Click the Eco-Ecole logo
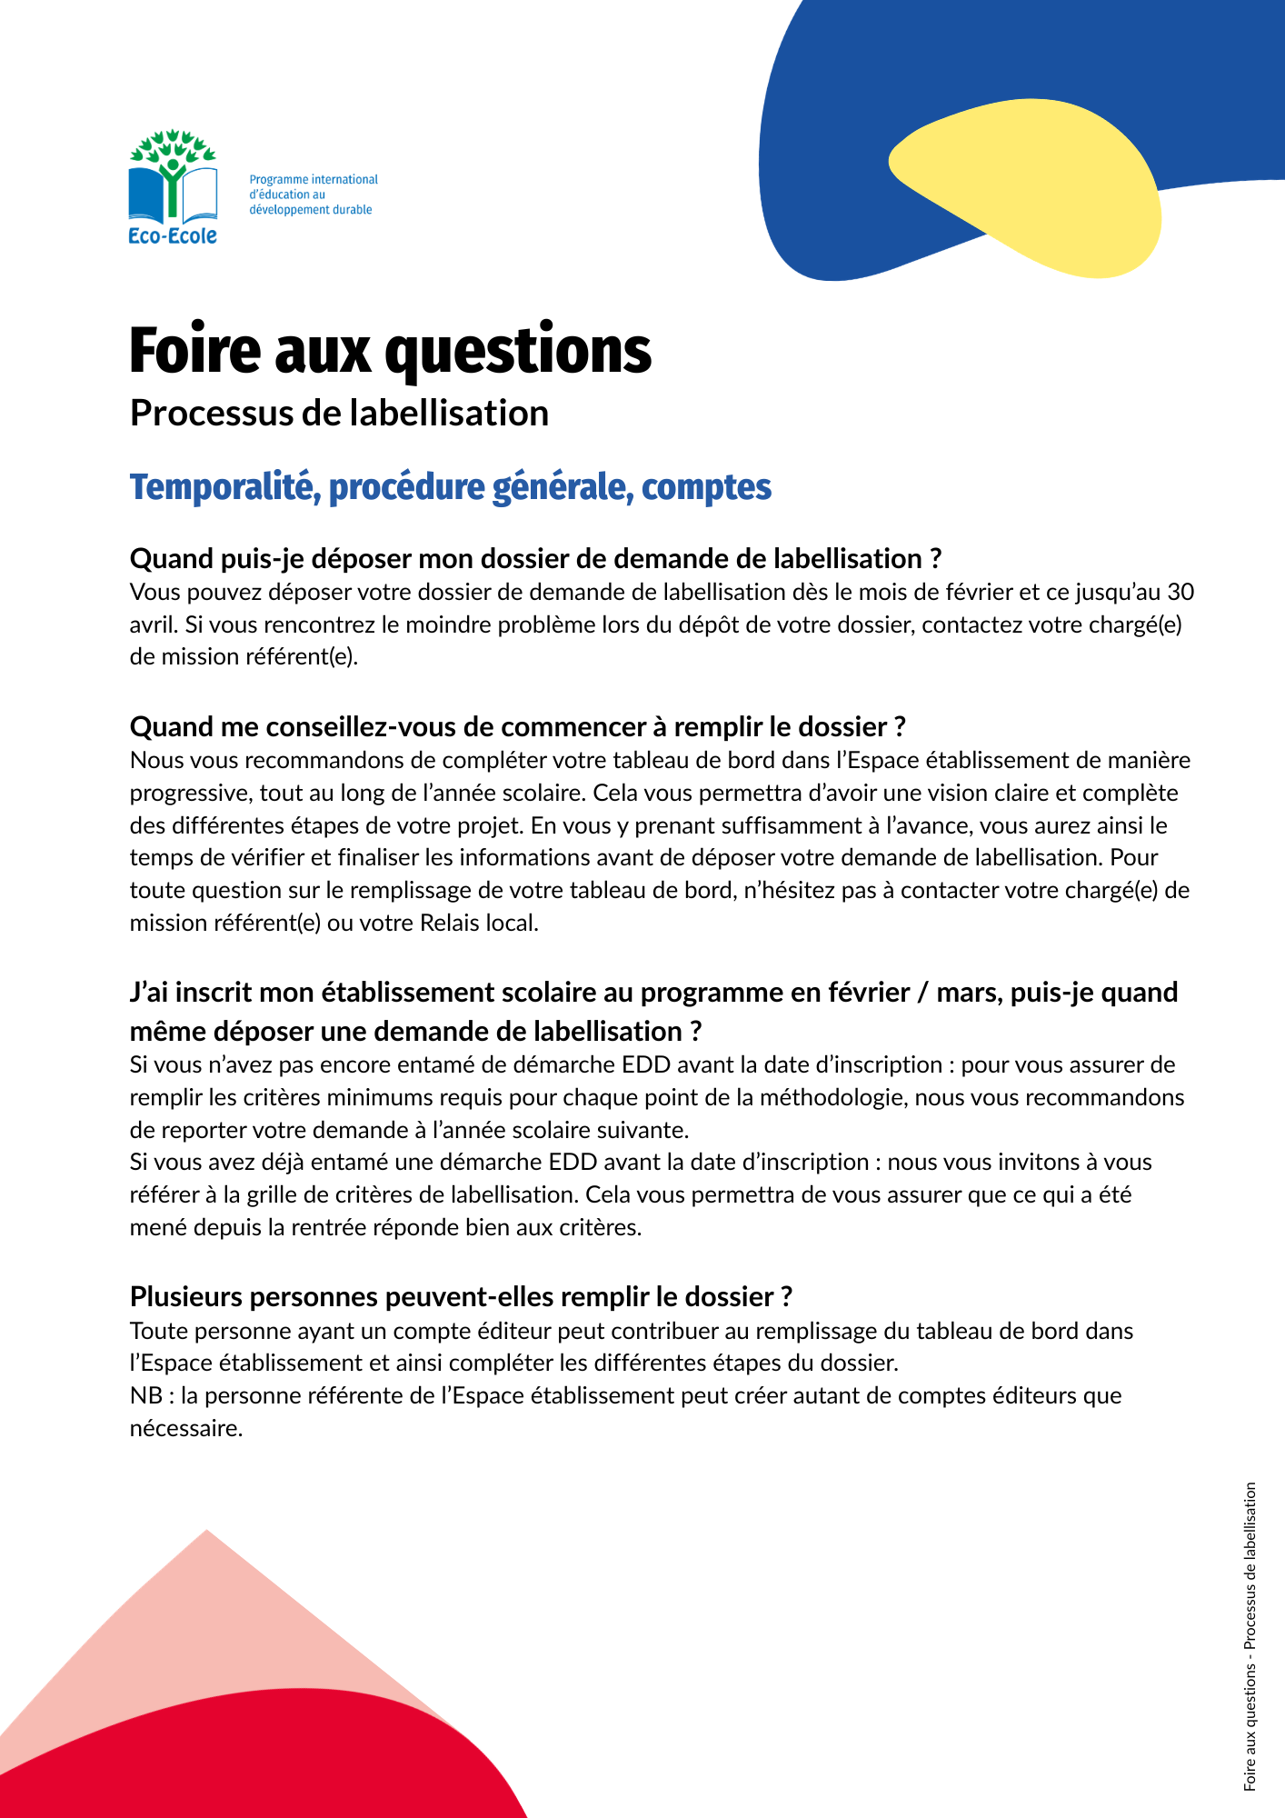point(173,187)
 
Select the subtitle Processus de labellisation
point(339,414)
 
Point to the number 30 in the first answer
point(1180,593)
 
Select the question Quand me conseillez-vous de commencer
point(517,727)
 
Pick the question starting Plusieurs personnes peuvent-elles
point(461,1296)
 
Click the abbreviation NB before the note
point(145,1396)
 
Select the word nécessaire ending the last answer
point(185,1429)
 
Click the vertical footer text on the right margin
point(1250,1636)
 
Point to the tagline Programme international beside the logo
point(314,180)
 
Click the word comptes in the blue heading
point(706,487)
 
